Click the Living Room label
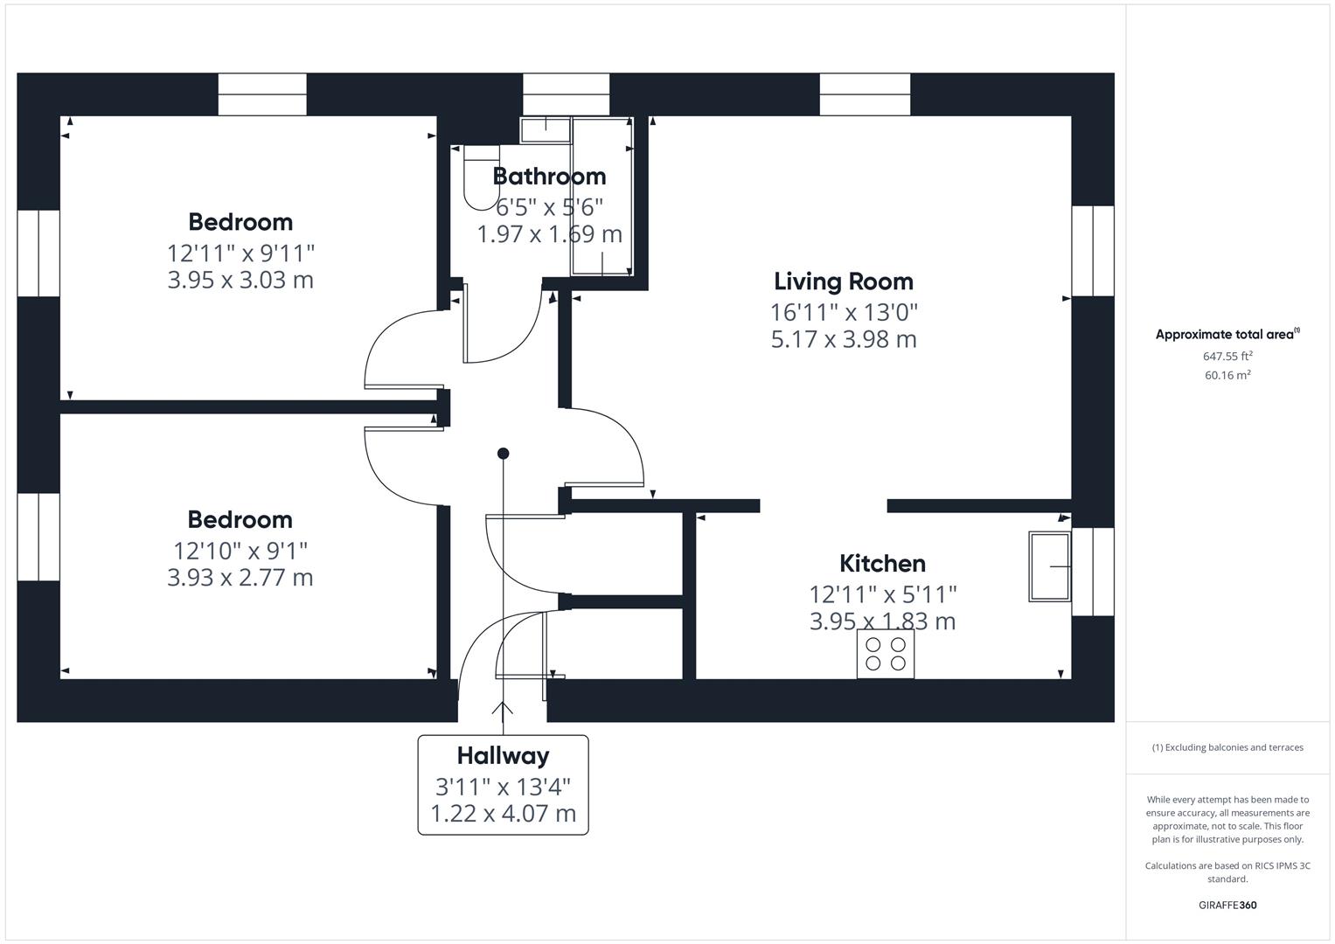[844, 281]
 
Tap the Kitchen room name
[882, 564]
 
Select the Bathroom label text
[549, 177]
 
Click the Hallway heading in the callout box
[503, 756]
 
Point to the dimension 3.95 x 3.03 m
[240, 281]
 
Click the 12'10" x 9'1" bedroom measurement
[240, 551]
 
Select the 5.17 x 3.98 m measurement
[844, 339]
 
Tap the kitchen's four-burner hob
[886, 654]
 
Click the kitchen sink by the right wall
[1050, 566]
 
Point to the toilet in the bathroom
[479, 179]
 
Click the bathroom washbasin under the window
[546, 130]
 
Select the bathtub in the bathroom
[601, 198]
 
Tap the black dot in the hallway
[503, 454]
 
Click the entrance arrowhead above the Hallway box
[503, 707]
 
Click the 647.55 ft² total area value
[1227, 357]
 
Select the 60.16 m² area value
[1227, 376]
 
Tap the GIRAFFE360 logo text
[1227, 906]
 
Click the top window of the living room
[865, 94]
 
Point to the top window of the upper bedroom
[262, 94]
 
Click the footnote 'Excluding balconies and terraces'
[1227, 748]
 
